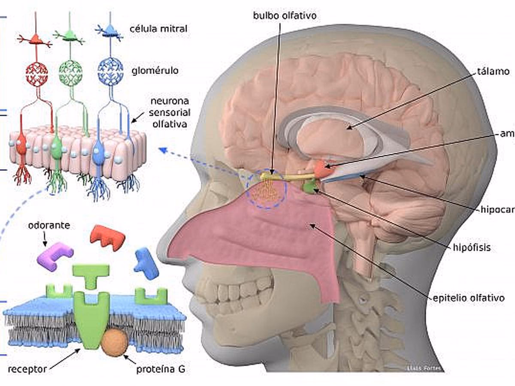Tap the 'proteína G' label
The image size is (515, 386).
(161, 370)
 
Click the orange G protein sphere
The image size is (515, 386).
(115, 342)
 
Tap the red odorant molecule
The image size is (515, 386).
(107, 237)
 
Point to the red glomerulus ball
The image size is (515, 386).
(36, 74)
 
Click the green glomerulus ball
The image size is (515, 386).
(70, 72)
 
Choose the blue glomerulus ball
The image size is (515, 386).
(110, 71)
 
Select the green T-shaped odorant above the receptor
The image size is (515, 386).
(91, 274)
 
